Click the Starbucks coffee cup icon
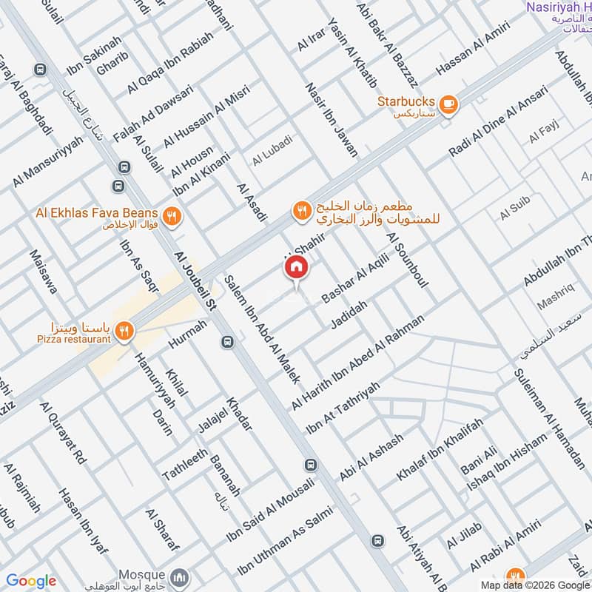click(x=448, y=104)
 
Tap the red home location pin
click(x=295, y=269)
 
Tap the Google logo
click(x=31, y=581)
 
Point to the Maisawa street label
click(x=44, y=272)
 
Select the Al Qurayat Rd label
click(x=64, y=434)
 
